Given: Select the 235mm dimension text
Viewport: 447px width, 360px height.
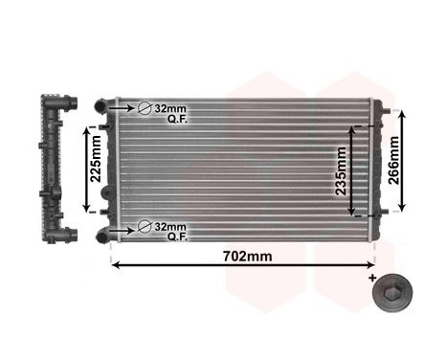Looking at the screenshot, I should click(343, 171).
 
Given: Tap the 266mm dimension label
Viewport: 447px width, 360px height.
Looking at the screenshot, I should click(394, 161).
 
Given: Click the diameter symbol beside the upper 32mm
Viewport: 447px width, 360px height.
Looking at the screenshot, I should click(145, 108).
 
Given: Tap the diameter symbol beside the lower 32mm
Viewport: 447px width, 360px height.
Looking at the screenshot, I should click(145, 226).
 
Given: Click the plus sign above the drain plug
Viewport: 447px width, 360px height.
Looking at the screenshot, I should click(371, 277).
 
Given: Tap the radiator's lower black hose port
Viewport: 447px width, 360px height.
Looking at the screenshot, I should click(102, 234).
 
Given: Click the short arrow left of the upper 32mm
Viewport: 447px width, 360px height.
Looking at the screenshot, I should click(123, 108).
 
